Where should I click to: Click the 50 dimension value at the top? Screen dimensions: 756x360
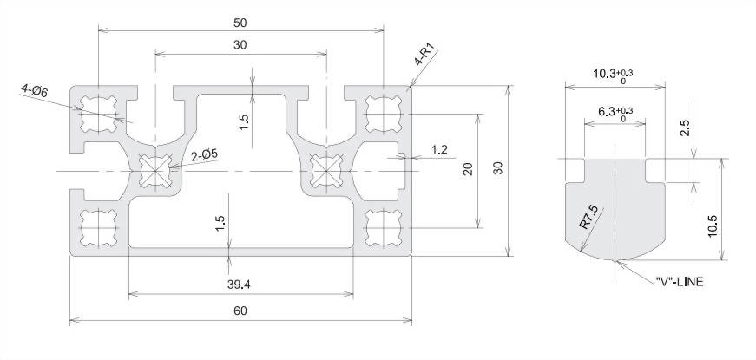[240, 23]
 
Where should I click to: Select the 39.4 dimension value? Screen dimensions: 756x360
[240, 285]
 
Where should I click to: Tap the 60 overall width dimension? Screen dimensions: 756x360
[240, 311]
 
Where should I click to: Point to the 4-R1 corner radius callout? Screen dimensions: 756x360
[424, 54]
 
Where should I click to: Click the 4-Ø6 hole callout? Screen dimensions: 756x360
[34, 90]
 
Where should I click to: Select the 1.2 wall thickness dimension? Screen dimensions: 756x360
[439, 150]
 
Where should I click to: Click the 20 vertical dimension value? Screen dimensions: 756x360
[468, 168]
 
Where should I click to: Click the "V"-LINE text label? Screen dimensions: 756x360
[680, 283]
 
